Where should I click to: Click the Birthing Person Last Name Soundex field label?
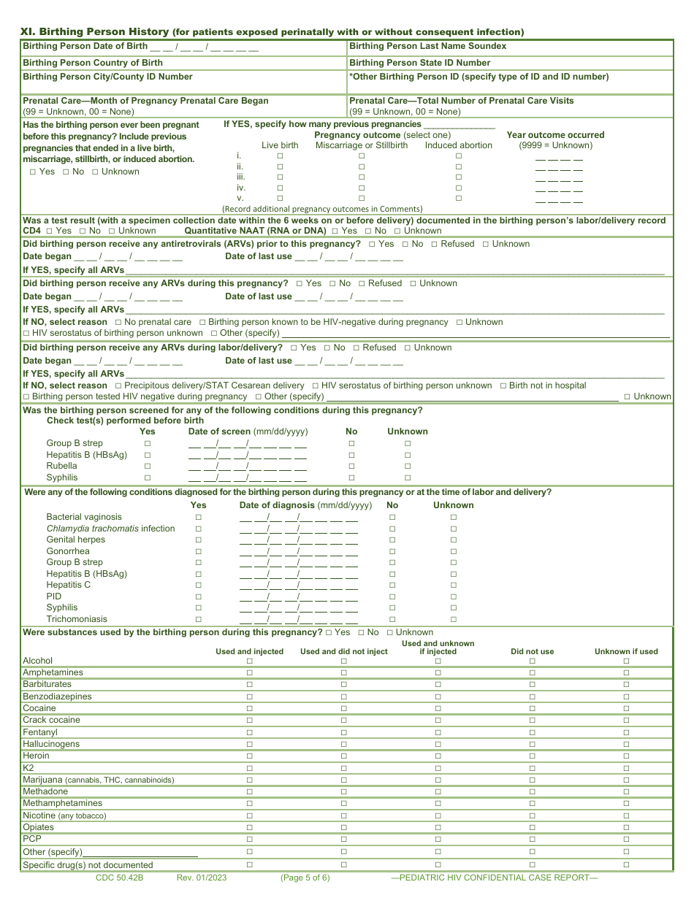tap(427, 46)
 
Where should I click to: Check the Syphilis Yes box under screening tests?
tap(148, 477)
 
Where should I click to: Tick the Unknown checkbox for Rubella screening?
tap(408, 466)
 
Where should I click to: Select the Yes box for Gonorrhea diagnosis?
tap(198, 551)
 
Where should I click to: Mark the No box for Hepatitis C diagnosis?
tap(392, 585)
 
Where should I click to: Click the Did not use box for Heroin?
tap(532, 756)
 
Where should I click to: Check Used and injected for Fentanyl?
tap(249, 732)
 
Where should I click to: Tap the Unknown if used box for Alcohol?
tap(626, 661)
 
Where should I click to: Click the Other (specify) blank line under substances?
tap(140, 852)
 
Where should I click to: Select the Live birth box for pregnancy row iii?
tap(280, 177)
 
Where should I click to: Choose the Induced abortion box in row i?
tap(459, 156)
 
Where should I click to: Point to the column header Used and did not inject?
tap(343, 651)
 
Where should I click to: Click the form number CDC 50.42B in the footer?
tap(119, 878)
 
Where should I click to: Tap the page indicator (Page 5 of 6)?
tap(305, 878)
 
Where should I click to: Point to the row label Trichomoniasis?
tap(77, 619)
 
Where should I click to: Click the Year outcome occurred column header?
tap(555, 135)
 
